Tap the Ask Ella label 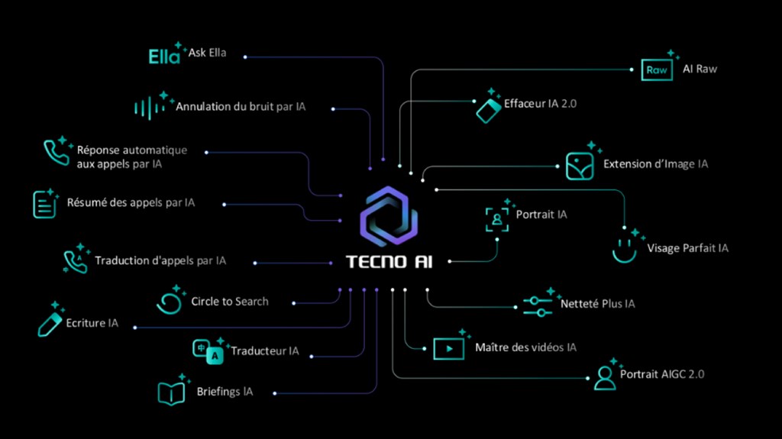[x=207, y=53]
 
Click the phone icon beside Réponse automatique [x=56, y=153]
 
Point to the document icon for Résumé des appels [x=45, y=204]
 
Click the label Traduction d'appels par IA [x=160, y=260]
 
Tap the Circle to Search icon [x=168, y=301]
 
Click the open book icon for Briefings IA [x=171, y=392]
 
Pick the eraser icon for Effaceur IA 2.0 [x=488, y=108]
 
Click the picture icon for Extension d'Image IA [x=579, y=165]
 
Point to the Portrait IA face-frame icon [x=497, y=218]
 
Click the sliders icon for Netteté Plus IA [x=538, y=305]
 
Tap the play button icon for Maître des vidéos [x=449, y=348]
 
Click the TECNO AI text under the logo [x=388, y=261]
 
